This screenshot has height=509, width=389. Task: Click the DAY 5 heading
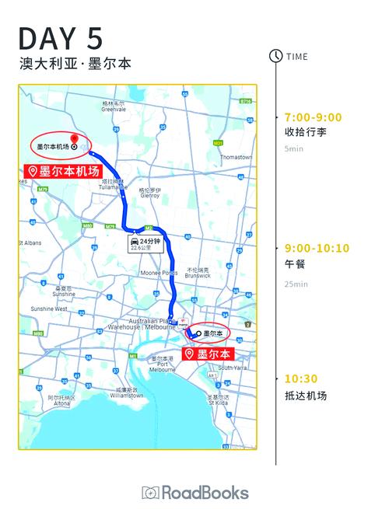(x=61, y=37)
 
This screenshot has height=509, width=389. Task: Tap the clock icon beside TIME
(x=275, y=56)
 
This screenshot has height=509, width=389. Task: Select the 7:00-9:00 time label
(x=313, y=117)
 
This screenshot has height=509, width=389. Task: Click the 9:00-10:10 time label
(x=317, y=249)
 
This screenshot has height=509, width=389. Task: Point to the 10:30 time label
(x=300, y=379)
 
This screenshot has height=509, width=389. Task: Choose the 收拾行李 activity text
(x=306, y=132)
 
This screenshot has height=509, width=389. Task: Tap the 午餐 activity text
(x=295, y=264)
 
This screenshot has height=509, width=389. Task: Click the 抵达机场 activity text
(x=306, y=396)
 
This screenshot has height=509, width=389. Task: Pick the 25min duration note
(x=296, y=284)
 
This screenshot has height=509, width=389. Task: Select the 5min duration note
(x=293, y=148)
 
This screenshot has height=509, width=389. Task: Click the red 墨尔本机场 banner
(x=64, y=170)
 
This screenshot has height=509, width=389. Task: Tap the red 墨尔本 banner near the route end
(x=208, y=354)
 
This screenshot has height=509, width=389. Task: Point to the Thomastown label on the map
(x=236, y=157)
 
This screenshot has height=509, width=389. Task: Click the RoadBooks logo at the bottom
(x=195, y=493)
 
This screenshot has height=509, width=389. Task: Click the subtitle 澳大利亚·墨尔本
(x=75, y=64)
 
